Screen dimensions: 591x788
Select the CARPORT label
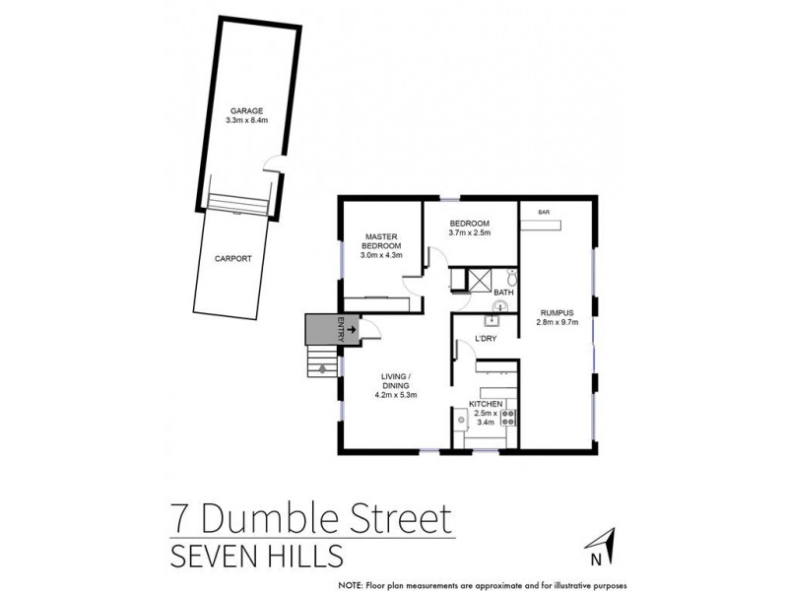[232, 258]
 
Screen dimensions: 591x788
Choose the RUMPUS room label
[555, 311]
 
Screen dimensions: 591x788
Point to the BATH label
[503, 293]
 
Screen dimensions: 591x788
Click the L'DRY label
[485, 339]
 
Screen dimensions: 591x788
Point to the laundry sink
[493, 317]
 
